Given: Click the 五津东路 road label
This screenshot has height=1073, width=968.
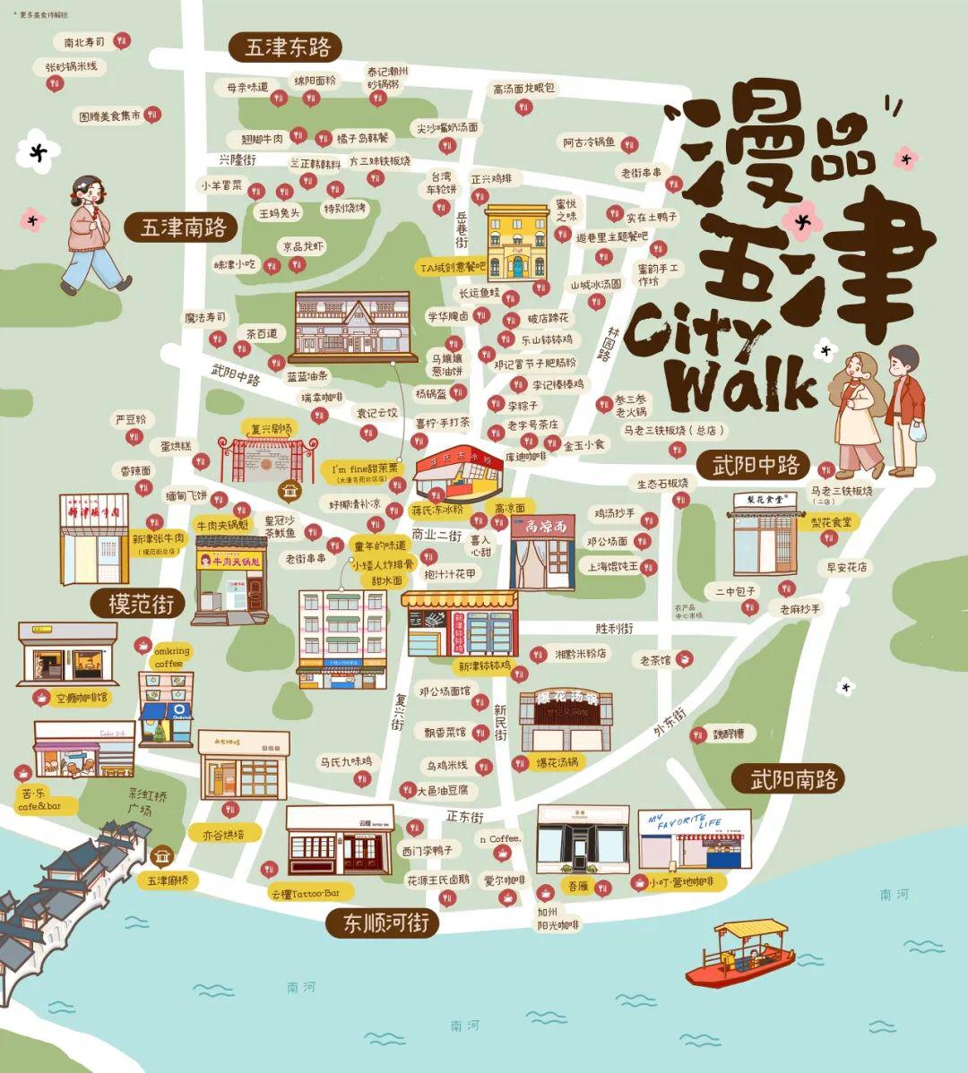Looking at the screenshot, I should click(x=287, y=47).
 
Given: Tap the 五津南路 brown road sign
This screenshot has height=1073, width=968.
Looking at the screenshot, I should click(x=182, y=227).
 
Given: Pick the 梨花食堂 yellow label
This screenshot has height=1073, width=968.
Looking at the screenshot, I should click(x=831, y=521).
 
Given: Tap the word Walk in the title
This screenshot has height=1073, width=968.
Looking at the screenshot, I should click(x=743, y=385).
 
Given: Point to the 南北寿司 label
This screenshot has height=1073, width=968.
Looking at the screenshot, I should click(x=79, y=42).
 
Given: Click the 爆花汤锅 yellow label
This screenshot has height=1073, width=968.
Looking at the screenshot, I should click(x=557, y=762).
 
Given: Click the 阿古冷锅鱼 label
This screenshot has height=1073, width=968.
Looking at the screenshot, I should click(x=590, y=142).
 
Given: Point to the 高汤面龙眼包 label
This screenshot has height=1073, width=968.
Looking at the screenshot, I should click(x=523, y=89).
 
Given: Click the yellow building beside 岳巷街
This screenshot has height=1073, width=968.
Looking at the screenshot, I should click(x=517, y=243).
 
